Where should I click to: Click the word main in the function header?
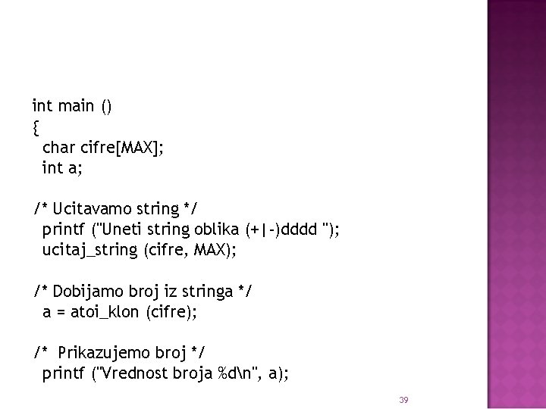(x=74, y=107)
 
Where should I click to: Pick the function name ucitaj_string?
(x=89, y=250)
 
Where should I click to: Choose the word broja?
(x=193, y=373)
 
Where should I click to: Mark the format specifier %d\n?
(x=236, y=373)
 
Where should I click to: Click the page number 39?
(x=403, y=399)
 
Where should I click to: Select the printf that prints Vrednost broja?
(x=62, y=373)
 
